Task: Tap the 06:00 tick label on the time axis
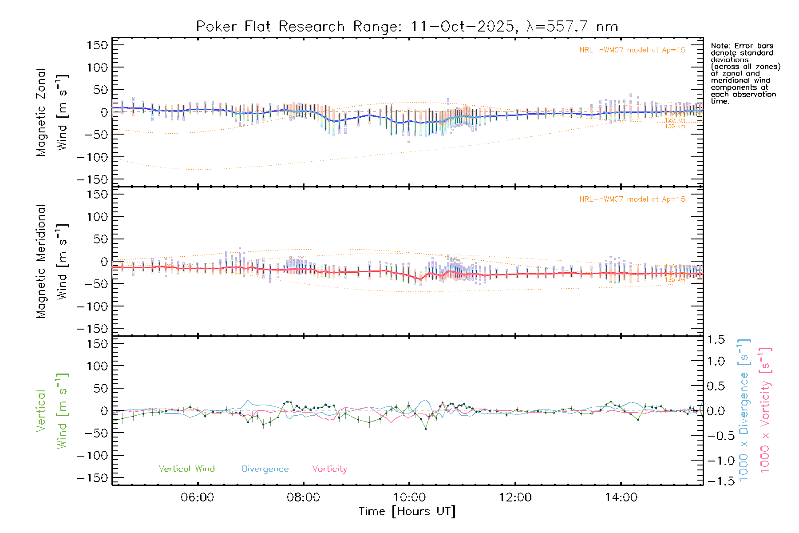tap(197, 497)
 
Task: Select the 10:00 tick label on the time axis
tap(409, 497)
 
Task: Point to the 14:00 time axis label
tap(621, 497)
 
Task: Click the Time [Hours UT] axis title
tap(407, 511)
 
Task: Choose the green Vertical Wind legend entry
tap(186, 469)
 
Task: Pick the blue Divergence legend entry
tap(265, 469)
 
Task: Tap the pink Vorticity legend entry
tap(329, 469)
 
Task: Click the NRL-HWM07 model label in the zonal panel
tap(632, 50)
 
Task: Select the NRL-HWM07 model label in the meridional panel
tap(632, 199)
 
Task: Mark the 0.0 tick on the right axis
tap(716, 411)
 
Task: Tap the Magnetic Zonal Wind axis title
tap(52, 112)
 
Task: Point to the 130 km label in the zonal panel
tap(675, 127)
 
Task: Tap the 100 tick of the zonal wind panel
tap(97, 68)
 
